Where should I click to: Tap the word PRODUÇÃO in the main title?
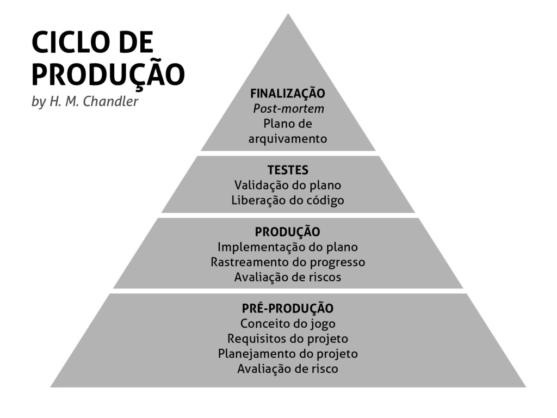pos(108,75)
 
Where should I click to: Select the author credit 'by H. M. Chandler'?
pos(85,102)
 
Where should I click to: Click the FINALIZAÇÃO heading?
pos(287,94)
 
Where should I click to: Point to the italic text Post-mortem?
pos(288,109)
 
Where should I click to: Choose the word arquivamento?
pos(288,139)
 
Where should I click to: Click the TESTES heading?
pos(287,170)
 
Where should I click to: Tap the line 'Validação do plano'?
pos(287,185)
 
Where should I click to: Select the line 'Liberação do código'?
pos(287,200)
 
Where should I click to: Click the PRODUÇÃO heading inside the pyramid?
pos(287,232)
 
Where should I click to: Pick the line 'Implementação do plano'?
pos(287,247)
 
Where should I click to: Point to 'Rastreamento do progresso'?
pos(287,262)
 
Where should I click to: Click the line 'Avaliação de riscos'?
pos(287,278)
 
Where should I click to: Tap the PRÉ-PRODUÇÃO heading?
pos(287,309)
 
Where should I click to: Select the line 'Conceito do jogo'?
pos(287,324)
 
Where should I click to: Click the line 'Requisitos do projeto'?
pos(287,339)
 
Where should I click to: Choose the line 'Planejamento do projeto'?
pos(287,354)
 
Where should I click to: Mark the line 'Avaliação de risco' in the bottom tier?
pos(287,369)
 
